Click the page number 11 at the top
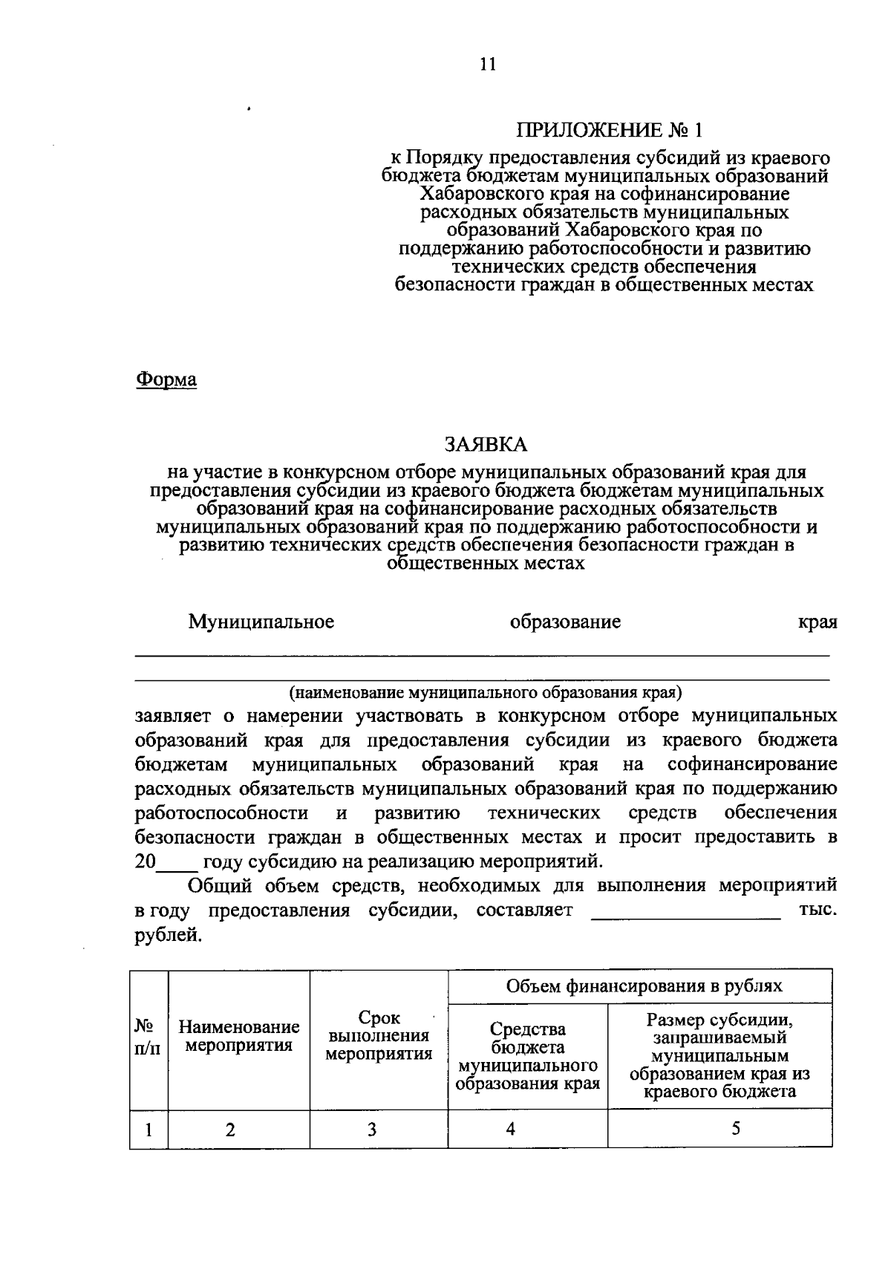tap(486, 64)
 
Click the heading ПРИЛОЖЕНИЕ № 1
tap(609, 131)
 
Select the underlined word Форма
tap(166, 380)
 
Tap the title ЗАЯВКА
tap(486, 445)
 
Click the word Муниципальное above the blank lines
tap(261, 622)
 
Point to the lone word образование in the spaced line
tap(565, 622)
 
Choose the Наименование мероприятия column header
tap(239, 1037)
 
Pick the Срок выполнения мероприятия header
tap(379, 1037)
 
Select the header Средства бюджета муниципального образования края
tap(527, 1056)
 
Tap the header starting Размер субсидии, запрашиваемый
tap(719, 1055)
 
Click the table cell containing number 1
tap(149, 1130)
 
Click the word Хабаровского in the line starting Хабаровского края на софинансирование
tap(483, 195)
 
